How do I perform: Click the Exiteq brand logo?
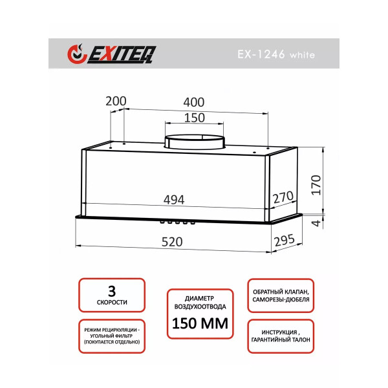click(x=112, y=54)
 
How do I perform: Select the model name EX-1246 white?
click(x=276, y=54)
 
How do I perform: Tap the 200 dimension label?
click(x=116, y=101)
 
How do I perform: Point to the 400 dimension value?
click(x=194, y=102)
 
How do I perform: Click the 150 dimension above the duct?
click(x=195, y=118)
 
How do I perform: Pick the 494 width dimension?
click(x=174, y=200)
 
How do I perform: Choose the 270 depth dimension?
click(x=283, y=197)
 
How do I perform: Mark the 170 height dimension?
click(x=316, y=185)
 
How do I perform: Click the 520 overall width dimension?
click(x=172, y=242)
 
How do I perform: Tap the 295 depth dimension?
click(x=285, y=240)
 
